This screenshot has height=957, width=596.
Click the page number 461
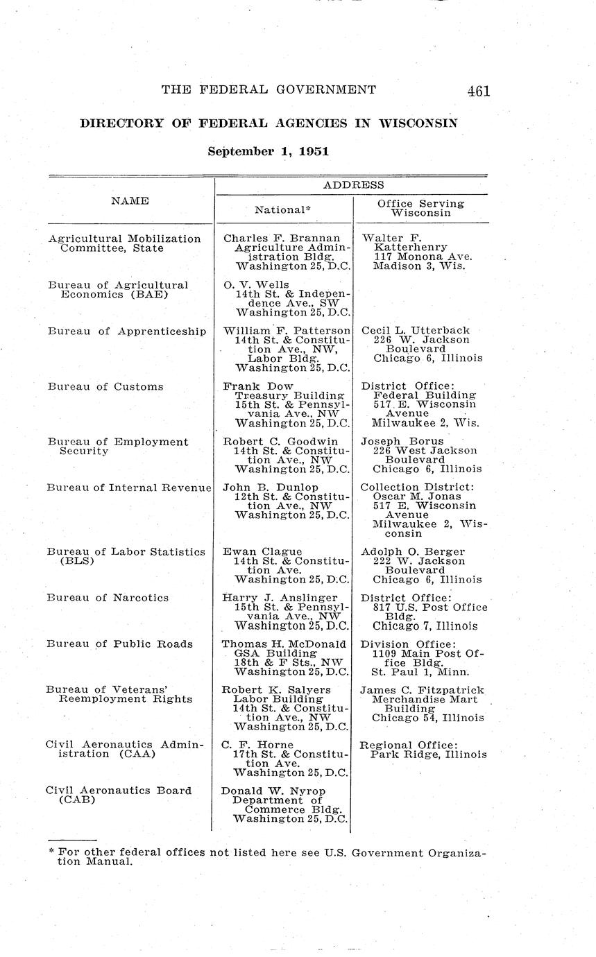coord(478,90)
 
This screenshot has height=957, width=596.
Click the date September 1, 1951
coord(268,150)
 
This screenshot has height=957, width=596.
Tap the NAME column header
coord(130,200)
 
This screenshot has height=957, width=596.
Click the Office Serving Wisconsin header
coord(420,208)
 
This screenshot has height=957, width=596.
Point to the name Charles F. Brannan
coord(282,239)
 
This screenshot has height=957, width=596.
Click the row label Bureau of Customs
coord(105,386)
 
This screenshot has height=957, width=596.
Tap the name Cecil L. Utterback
coord(416,331)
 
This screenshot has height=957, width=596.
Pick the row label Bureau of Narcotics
coord(108,597)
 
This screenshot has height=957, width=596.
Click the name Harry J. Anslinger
coord(280,597)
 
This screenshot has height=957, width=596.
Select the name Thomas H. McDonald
coord(283,644)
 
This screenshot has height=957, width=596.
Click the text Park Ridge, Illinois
coord(428,755)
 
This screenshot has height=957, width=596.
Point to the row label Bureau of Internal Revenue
coord(128,488)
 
